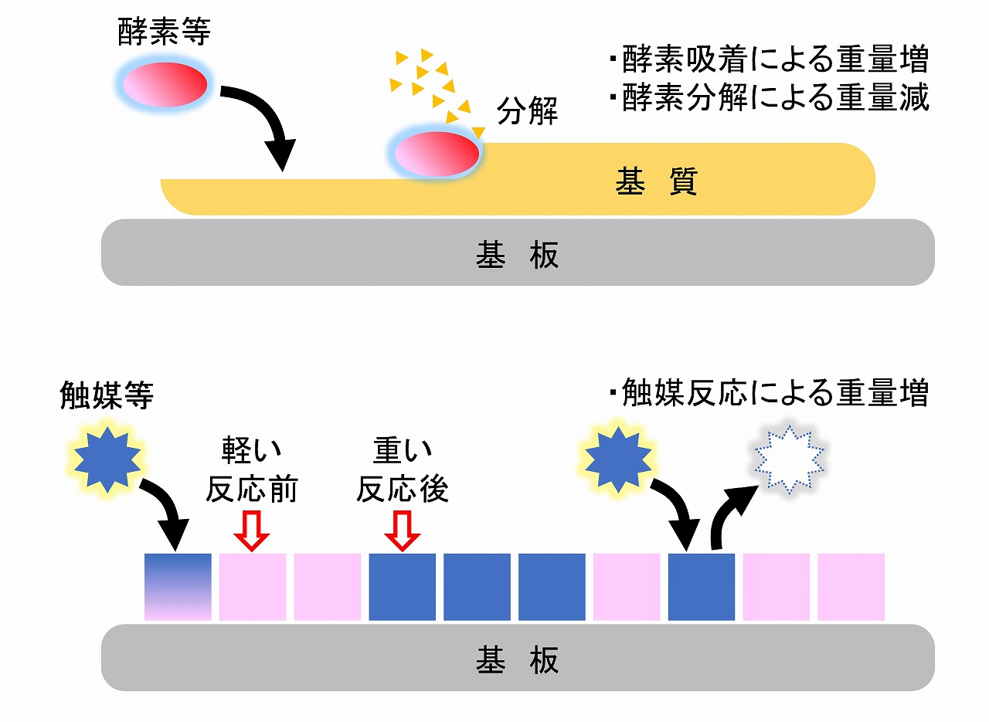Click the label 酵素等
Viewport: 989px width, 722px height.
(164, 32)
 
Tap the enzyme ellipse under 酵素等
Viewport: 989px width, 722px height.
(164, 83)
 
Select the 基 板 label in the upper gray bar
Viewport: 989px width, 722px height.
(517, 255)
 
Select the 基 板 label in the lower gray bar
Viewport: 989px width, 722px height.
(517, 659)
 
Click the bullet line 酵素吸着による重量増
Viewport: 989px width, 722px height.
(768, 59)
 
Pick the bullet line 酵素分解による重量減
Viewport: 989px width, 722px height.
(768, 99)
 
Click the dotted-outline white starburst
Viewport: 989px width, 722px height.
(788, 460)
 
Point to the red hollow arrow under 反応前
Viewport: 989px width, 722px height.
(253, 531)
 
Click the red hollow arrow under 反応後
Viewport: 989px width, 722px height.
(402, 531)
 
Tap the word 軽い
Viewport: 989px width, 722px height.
(252, 450)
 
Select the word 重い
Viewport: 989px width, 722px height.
(402, 450)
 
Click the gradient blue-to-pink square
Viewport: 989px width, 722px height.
(178, 587)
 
